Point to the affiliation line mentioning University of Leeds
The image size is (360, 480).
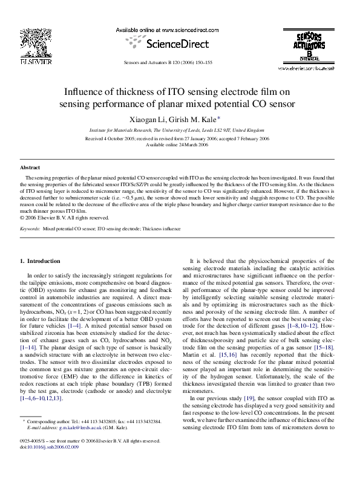point(176,130)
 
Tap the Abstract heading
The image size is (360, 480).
point(30,167)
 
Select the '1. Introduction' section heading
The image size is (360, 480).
point(40,261)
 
